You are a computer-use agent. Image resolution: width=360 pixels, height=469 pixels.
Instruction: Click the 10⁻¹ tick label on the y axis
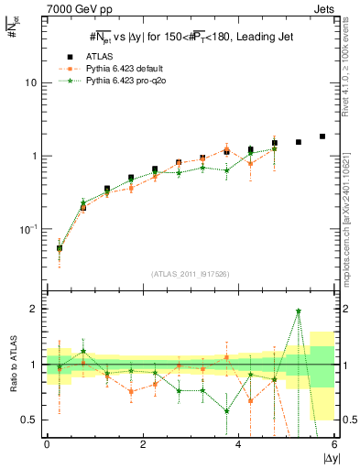pyautogui.click(x=27, y=229)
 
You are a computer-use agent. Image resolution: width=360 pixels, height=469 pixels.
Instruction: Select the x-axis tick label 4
pyautogui.click(x=239, y=444)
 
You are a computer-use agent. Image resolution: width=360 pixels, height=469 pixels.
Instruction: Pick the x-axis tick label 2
pyautogui.click(x=143, y=444)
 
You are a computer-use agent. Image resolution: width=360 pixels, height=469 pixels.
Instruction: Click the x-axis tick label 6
pyautogui.click(x=335, y=444)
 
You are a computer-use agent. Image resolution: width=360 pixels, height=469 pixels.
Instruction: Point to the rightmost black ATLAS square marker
pyautogui.click(x=322, y=136)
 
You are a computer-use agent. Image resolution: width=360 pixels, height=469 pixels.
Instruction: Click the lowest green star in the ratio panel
pyautogui.click(x=226, y=411)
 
